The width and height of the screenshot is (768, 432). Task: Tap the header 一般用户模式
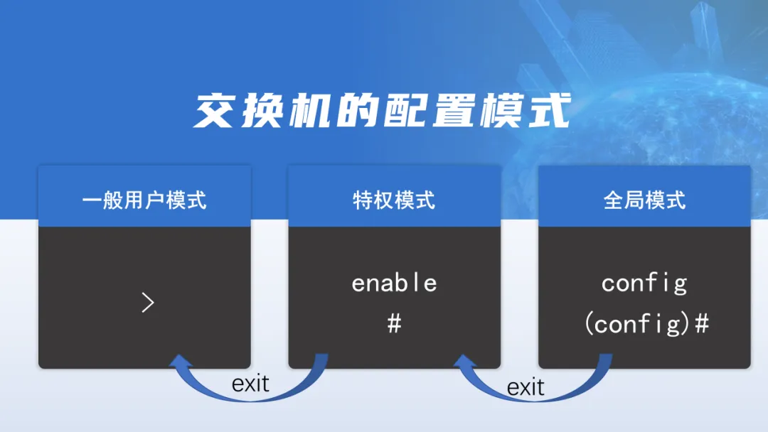[144, 200]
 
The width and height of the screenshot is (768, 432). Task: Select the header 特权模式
[394, 200]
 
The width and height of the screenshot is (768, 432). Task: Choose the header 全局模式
[644, 200]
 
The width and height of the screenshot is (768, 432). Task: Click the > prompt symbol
[147, 303]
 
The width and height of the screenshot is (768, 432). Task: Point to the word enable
[394, 283]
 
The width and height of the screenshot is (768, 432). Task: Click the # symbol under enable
[394, 324]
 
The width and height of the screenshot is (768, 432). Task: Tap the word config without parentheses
[644, 283]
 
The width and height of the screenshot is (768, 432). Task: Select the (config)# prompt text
[647, 324]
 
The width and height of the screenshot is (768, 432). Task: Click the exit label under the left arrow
[250, 384]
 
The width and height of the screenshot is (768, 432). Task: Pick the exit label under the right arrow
[526, 387]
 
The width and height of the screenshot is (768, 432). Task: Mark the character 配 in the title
[407, 112]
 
